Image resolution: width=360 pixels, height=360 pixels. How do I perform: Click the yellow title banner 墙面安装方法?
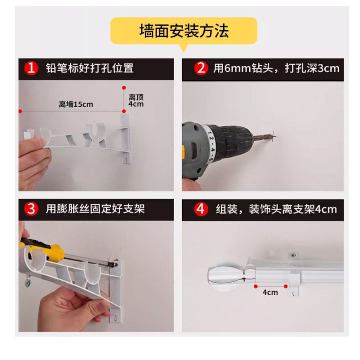184,31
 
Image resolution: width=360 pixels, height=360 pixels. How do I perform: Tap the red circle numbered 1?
31,68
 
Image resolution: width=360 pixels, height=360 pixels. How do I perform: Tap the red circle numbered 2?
201,68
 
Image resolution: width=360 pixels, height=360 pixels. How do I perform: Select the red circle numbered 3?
31,209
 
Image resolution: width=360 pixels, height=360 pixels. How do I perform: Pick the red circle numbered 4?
201,209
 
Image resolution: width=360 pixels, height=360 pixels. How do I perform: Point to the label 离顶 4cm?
136,100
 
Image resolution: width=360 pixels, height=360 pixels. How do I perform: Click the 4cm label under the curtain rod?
270,292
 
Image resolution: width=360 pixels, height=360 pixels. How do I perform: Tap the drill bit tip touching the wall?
272,133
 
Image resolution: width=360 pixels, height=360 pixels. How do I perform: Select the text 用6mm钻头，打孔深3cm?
276,68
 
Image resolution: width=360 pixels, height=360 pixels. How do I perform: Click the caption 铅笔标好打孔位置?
90,68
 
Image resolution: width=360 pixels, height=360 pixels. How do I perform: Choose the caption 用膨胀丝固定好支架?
95,209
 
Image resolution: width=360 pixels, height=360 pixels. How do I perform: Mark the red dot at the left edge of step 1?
20,111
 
